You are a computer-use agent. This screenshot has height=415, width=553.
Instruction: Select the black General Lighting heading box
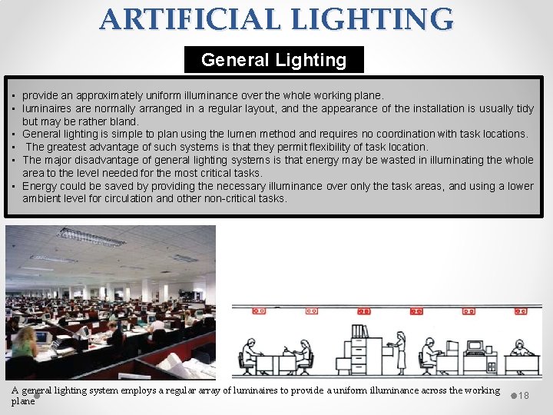273,60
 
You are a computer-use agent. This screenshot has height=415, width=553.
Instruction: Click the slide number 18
525,395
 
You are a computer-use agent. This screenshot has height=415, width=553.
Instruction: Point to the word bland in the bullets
124,121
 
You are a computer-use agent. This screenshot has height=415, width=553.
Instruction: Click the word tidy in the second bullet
525,108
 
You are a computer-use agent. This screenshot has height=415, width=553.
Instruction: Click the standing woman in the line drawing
400,354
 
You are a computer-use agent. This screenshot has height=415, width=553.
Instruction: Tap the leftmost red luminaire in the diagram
258,311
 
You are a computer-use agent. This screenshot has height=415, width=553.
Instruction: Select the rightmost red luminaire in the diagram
523,311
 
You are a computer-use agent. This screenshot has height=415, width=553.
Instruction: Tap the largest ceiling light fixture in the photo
91,236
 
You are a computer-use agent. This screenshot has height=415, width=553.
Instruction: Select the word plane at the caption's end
23,401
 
